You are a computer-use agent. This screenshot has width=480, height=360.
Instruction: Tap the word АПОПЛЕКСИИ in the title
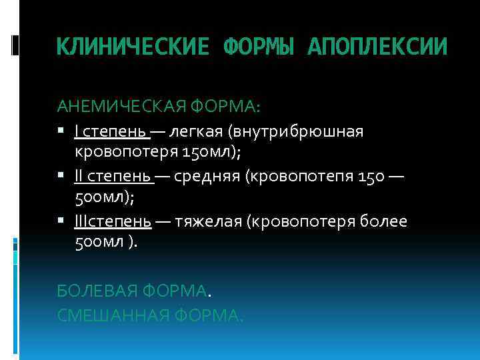378,47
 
